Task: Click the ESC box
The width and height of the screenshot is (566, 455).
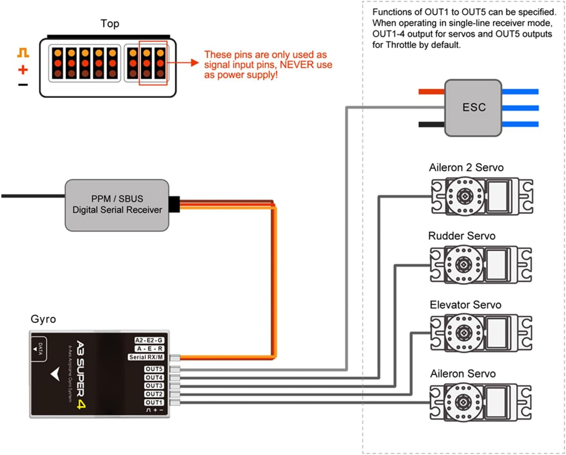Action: point(473,107)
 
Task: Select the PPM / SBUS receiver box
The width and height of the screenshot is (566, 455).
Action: point(117,205)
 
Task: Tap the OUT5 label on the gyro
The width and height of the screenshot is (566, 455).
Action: point(154,369)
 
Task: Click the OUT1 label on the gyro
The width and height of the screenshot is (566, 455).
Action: point(154,402)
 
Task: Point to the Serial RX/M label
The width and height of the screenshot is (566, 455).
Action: point(146,357)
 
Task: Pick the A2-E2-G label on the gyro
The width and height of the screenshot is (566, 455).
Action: point(149,340)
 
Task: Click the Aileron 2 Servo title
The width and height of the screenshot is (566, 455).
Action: point(466,167)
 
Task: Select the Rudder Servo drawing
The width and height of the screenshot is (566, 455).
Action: point(480,264)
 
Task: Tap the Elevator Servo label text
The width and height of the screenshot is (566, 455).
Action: point(465,305)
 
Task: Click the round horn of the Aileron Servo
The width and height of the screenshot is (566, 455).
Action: point(463,402)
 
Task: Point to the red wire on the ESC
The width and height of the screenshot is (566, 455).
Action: point(431,92)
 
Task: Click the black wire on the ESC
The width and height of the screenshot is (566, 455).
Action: point(431,124)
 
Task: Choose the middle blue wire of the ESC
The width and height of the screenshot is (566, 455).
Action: point(520,108)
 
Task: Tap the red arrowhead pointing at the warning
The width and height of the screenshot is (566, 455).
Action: point(194,62)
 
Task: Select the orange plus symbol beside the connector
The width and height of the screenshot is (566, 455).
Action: point(23,70)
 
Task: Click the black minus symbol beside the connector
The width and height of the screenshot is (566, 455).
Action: point(23,85)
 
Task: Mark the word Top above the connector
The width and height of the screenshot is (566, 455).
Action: point(109,24)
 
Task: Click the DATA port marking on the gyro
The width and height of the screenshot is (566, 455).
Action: point(40,348)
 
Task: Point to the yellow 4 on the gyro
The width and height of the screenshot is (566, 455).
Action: point(81,404)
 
